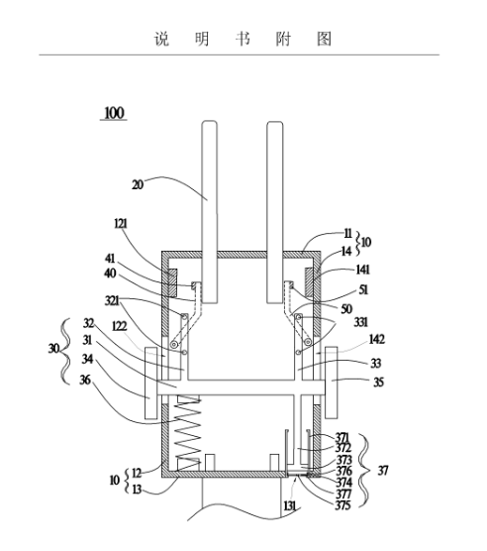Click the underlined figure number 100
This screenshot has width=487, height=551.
coord(114,113)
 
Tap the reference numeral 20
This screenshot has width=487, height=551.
coord(138,184)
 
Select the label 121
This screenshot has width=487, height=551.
coord(121,224)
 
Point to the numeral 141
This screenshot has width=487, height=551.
coord(363,270)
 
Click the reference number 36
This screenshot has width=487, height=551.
coord(85,380)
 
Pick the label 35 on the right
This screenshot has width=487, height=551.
coord(378,382)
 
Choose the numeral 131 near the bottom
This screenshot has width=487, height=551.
coord(290,506)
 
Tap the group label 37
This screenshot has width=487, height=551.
coord(383,471)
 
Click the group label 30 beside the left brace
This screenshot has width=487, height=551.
coord(53,348)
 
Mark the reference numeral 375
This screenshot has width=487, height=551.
coord(342,505)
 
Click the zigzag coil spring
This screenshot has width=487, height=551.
coord(188,433)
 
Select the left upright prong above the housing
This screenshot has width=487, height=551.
coord(210,212)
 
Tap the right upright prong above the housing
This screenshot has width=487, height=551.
coord(275,212)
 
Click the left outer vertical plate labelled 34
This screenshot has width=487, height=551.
coord(150,384)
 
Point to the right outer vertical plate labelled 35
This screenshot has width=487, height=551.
coord(332,384)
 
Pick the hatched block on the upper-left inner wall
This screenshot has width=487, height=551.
coord(172,282)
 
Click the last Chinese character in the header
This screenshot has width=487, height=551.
coord(324,39)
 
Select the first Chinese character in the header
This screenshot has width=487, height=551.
coord(161,39)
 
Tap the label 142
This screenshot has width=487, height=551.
coord(376,339)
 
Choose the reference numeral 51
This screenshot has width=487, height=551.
coord(363,289)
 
